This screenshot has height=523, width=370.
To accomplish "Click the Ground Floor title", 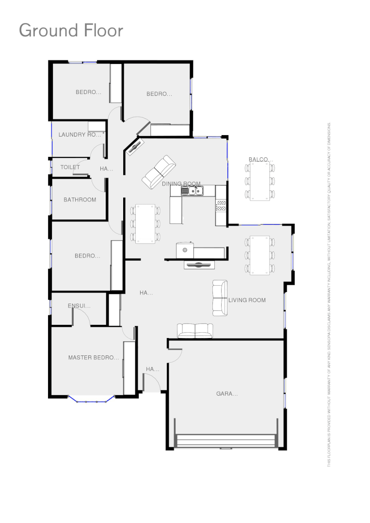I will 71,31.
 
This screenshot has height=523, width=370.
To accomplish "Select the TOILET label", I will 70,167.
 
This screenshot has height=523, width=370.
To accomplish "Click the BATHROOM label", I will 80,200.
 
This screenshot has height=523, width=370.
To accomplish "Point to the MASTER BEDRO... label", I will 93,358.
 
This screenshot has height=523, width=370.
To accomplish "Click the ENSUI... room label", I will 79,306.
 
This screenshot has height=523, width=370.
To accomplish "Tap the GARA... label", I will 227,394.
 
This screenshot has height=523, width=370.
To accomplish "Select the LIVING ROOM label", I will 247,300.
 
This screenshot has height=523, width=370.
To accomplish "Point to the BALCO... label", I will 261,159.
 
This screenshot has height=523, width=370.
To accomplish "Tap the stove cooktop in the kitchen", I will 221,205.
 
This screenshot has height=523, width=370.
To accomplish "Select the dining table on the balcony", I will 260,181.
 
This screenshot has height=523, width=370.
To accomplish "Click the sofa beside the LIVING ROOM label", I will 220,298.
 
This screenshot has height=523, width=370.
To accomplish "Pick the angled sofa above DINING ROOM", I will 159,171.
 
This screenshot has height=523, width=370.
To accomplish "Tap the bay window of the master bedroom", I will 91,400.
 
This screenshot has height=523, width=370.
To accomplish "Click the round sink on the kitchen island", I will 185,250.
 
